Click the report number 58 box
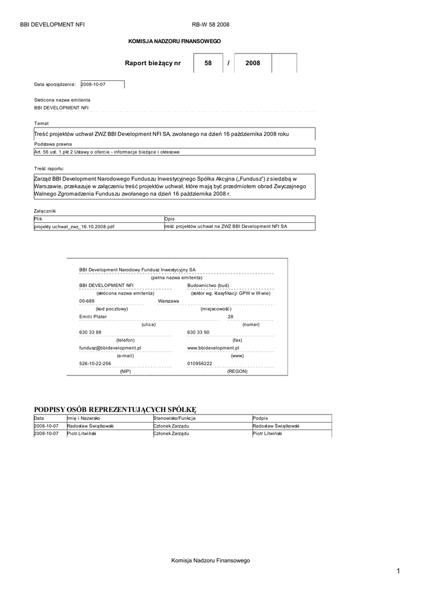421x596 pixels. tap(208, 63)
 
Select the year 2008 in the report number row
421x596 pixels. tap(253, 63)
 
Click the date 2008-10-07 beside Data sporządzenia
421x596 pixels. tap(93, 84)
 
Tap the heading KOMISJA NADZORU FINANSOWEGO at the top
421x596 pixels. tap(174, 41)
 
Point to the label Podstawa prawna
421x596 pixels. tap(53, 144)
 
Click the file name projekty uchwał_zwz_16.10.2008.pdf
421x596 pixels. tap(74, 226)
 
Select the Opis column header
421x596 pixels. tap(170, 219)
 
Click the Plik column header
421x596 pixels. tap(38, 219)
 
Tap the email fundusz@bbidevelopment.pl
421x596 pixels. tap(110, 347)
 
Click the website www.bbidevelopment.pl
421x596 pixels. tap(213, 347)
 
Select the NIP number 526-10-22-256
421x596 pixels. tap(95, 363)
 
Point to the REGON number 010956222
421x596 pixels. tap(200, 363)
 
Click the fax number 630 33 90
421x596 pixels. tap(198, 332)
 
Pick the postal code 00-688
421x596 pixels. tap(87, 300)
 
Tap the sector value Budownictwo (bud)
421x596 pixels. tap(208, 285)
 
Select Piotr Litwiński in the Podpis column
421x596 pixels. tap(267, 434)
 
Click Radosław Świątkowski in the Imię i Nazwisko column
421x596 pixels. tap(90, 426)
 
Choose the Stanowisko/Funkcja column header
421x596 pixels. tap(174, 418)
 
